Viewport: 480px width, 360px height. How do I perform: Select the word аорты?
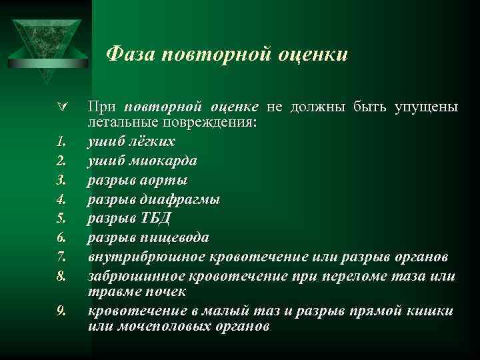click(x=165, y=180)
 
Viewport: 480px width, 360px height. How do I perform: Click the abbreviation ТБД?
click(x=159, y=219)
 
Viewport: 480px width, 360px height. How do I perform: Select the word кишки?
click(x=434, y=311)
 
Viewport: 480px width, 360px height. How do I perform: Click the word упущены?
click(x=425, y=107)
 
